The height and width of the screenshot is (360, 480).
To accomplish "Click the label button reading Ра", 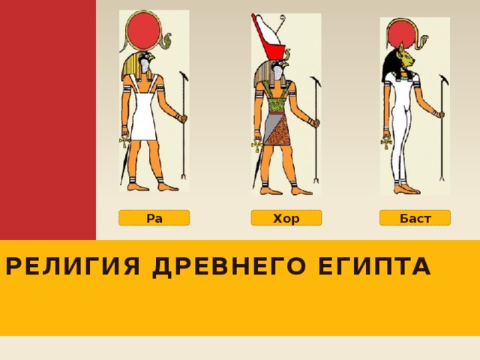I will tap(154, 218).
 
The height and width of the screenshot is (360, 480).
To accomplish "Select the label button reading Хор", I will tap(286, 218).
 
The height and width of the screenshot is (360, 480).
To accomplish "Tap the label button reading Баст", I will tap(415, 218).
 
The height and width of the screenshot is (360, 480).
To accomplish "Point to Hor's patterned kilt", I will tap(277, 127).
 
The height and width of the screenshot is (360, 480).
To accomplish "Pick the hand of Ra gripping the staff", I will tap(181, 118).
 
